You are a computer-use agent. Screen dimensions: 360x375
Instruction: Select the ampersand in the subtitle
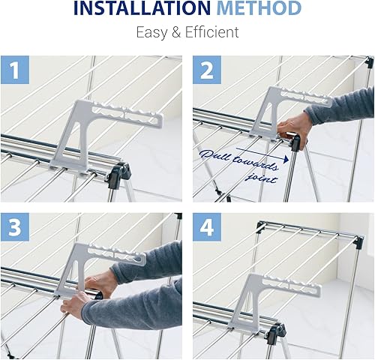(x=177, y=33)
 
